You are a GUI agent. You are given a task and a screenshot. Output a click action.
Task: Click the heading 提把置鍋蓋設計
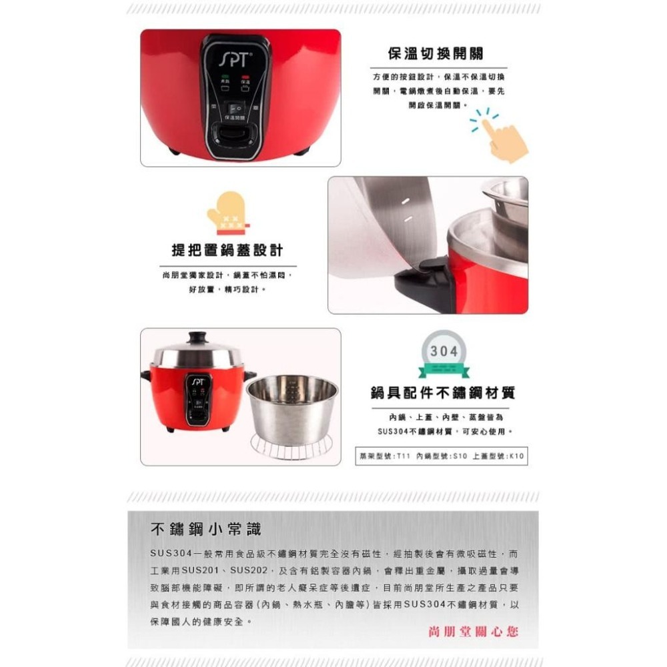pos(227,251)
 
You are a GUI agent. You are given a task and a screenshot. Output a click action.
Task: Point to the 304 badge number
pos(443,352)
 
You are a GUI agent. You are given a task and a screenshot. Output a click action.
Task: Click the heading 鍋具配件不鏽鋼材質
pos(443,394)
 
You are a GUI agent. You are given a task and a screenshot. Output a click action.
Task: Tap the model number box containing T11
pos(442,456)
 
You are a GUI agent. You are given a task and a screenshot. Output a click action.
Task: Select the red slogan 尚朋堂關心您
pos(472,631)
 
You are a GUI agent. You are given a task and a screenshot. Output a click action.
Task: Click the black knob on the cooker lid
pos(196,338)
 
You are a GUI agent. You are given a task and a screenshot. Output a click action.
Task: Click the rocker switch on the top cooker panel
pos(235,107)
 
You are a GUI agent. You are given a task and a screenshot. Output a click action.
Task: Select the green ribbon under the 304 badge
pos(444,372)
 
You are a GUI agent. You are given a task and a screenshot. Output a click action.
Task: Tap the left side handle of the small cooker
pos(145,376)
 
